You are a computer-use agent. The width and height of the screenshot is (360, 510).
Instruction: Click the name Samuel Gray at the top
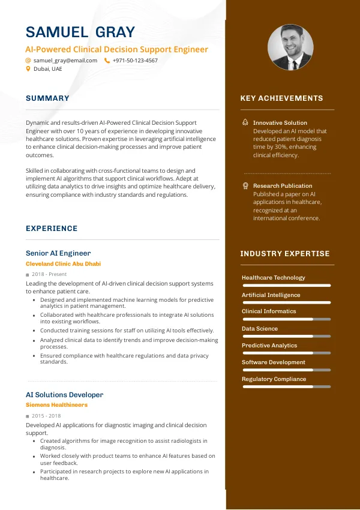(x=80, y=32)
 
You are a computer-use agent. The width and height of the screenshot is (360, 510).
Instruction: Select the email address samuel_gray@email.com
(x=65, y=61)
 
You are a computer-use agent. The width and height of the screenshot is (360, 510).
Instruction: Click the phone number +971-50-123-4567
(x=135, y=61)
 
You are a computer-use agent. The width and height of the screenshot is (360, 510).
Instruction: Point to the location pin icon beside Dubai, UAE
(x=28, y=69)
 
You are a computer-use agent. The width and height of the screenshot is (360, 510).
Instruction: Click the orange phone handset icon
(x=107, y=61)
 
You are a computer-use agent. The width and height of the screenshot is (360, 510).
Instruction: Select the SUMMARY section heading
(x=47, y=98)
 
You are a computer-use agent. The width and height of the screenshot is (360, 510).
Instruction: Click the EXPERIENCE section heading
(x=52, y=229)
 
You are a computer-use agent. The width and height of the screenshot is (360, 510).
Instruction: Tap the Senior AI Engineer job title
(x=58, y=253)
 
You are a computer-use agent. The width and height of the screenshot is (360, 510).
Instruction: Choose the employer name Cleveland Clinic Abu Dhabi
(x=63, y=264)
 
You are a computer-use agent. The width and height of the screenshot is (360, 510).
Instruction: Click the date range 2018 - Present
(x=49, y=274)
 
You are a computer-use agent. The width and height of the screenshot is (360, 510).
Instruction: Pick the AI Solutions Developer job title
(x=64, y=395)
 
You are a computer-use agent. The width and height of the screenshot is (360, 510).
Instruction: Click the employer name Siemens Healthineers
(x=56, y=405)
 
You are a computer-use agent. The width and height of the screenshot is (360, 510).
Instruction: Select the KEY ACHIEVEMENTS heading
(x=281, y=98)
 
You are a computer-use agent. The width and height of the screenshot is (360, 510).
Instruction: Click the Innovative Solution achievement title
(x=280, y=122)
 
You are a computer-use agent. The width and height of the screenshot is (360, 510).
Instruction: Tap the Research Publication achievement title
(x=283, y=186)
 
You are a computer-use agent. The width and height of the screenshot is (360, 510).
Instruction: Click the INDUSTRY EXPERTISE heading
(x=285, y=254)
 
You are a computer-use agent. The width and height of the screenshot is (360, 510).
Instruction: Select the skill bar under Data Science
(x=286, y=337)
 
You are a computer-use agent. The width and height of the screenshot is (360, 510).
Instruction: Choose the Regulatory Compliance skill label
(x=274, y=379)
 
